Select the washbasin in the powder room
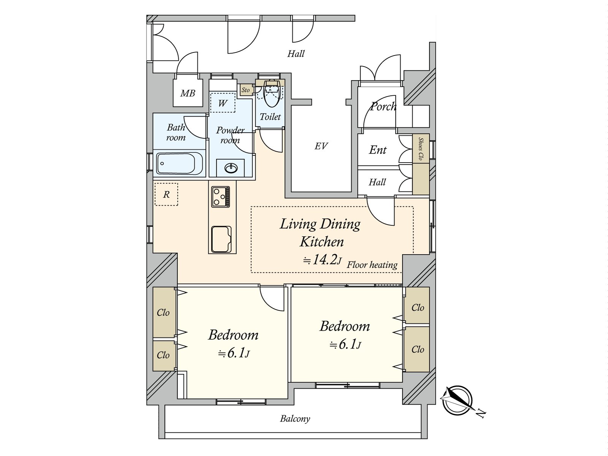[x=230, y=168]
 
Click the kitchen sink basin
[x=222, y=239]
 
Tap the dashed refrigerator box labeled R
[x=166, y=195]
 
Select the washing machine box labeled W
[x=223, y=103]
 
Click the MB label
[x=187, y=93]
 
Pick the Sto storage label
[x=246, y=90]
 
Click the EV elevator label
[x=321, y=146]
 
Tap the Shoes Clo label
[x=421, y=149]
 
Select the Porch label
[x=383, y=107]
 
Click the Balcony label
[x=295, y=419]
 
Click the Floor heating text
[x=372, y=265]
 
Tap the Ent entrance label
[x=378, y=150]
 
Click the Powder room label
[x=230, y=135]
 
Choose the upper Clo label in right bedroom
[x=418, y=307]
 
